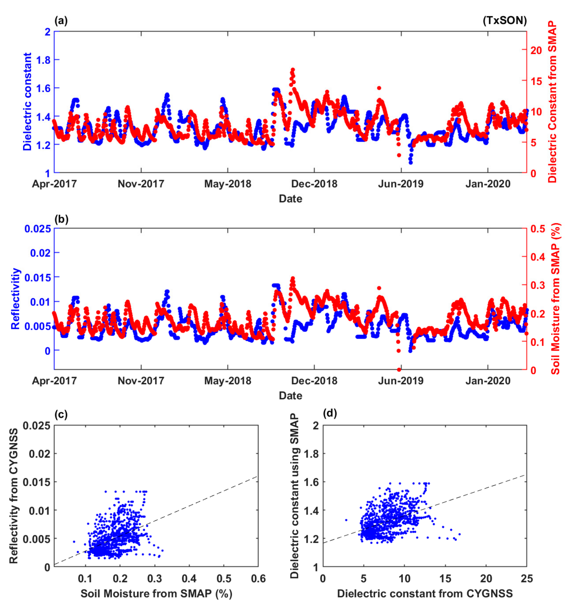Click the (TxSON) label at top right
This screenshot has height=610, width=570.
505,21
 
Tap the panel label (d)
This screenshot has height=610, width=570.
330,414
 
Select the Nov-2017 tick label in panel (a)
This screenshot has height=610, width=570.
141,184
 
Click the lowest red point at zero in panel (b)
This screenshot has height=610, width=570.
399,370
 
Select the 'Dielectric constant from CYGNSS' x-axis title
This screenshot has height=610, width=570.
425,593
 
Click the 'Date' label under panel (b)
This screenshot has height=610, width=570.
290,396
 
